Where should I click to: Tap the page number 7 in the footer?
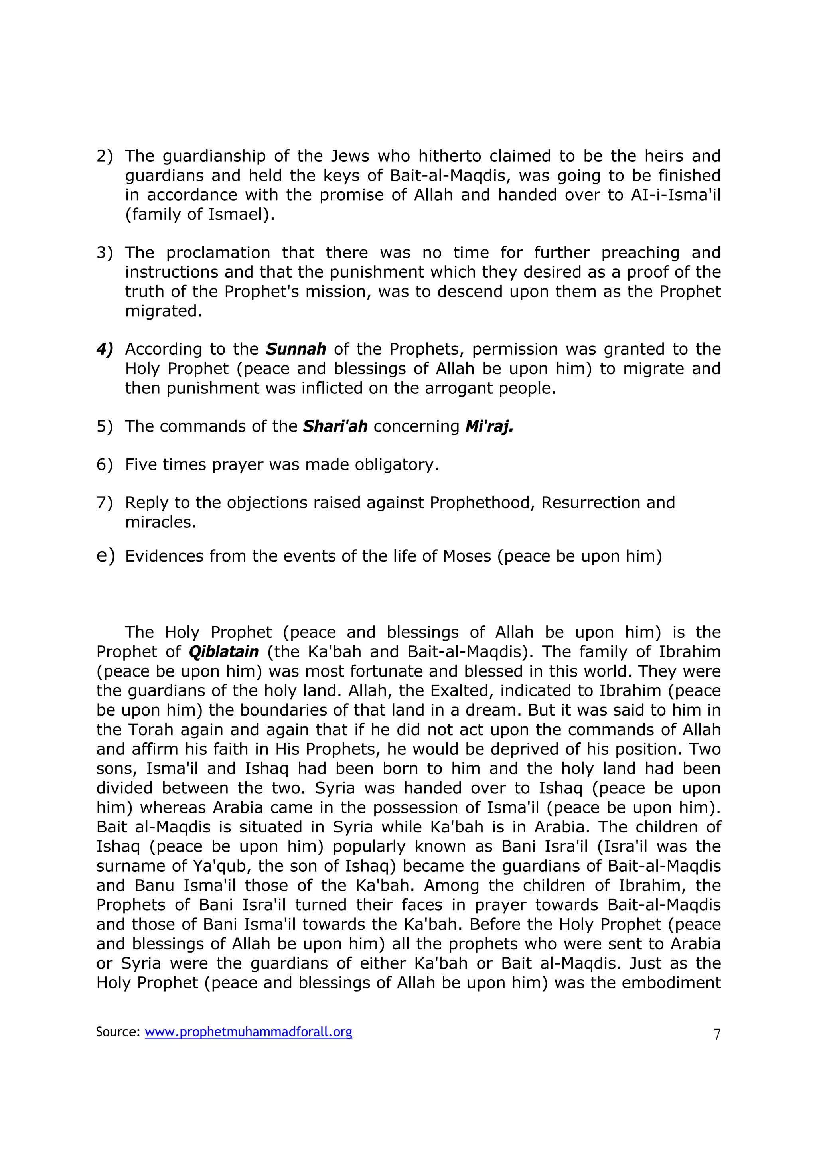coord(717,1034)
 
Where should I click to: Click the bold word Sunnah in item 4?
coord(296,349)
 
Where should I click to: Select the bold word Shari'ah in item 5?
coord(335,426)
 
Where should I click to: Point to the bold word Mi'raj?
coord(489,426)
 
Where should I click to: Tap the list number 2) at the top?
coord(105,156)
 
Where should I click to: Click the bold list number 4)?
coord(105,349)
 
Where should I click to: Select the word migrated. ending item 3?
coord(163,311)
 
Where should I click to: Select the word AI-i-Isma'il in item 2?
coord(675,195)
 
